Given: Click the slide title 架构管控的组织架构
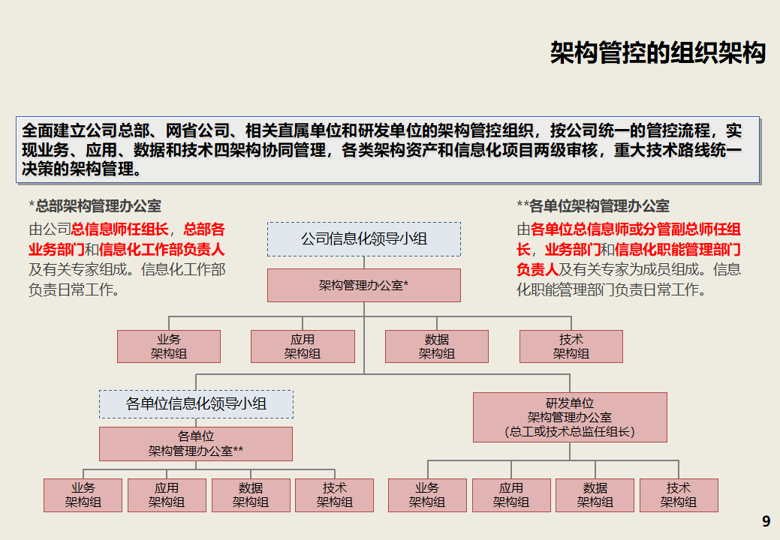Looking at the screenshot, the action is pos(657,53).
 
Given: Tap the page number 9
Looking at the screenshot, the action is pos(766,522).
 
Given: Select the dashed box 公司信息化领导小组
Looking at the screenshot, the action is pos(364,239).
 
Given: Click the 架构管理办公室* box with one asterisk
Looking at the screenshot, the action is pos(364,286).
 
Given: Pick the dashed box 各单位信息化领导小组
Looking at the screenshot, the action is pos(196,404).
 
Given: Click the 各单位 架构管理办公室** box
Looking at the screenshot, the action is pos(196,444).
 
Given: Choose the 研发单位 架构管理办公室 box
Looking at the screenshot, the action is pos(570,417).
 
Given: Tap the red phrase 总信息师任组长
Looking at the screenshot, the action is pos(119,229).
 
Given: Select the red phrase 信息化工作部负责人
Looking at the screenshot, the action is pos(161,250).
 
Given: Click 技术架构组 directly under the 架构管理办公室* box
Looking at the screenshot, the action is pos(571,346).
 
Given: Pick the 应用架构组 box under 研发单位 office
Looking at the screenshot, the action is pos(510,495).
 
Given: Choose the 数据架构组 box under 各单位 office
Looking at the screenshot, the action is pos(251,495).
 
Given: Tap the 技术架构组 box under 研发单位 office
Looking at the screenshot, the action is pos(679,495).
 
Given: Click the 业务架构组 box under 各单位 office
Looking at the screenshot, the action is pos(83,495).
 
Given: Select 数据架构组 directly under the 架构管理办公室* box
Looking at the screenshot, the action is pos(436,346).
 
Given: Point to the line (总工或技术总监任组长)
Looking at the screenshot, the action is pos(570,432).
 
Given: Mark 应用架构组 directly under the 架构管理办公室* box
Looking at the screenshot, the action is pos(303,346).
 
